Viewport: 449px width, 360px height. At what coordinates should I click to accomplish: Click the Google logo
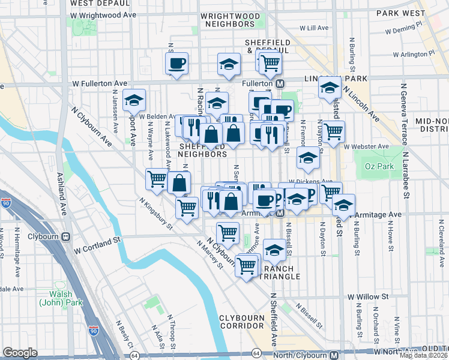(20, 353)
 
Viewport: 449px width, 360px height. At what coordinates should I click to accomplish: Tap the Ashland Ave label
(62, 192)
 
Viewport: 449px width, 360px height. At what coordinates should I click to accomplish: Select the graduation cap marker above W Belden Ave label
(134, 100)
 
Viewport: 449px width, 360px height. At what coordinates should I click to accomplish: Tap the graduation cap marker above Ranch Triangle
(274, 250)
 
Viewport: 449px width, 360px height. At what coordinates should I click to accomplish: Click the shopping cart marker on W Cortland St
(228, 232)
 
